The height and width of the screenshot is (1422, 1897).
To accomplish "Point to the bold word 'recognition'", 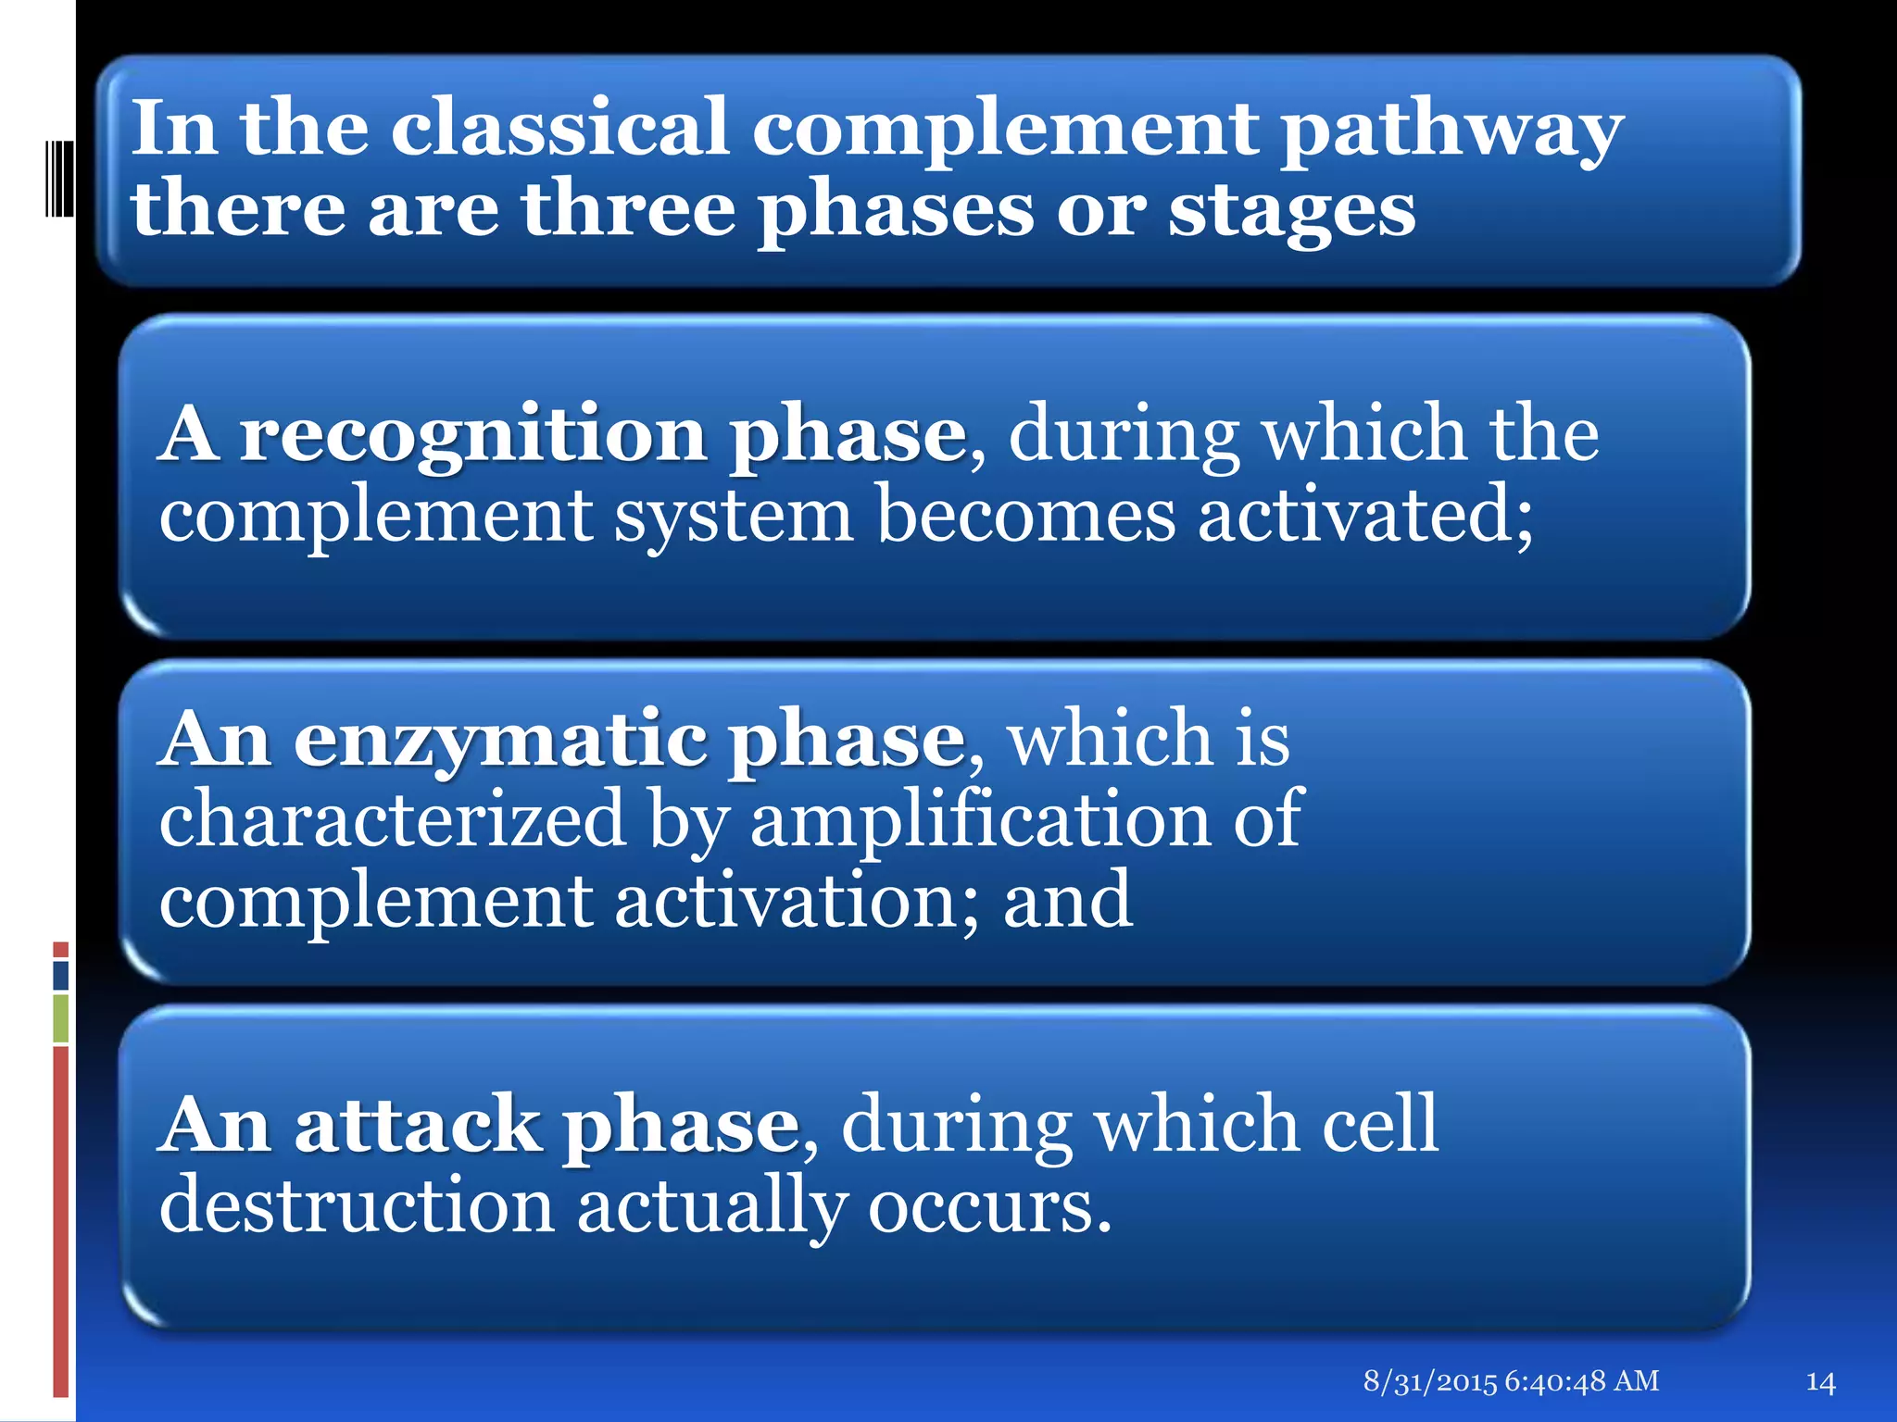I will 473,435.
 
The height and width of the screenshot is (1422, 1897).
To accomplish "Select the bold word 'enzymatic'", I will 499,741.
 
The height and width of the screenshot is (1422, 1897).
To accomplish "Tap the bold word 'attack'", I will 417,1126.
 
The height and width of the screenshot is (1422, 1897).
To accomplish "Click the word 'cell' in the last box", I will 1380,1124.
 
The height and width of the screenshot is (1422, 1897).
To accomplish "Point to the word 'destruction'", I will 357,1205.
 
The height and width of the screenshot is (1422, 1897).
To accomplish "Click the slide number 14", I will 1820,1382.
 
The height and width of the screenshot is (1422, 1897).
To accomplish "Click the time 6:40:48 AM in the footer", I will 1582,1381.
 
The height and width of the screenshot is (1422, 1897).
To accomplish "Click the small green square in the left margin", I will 60,1018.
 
